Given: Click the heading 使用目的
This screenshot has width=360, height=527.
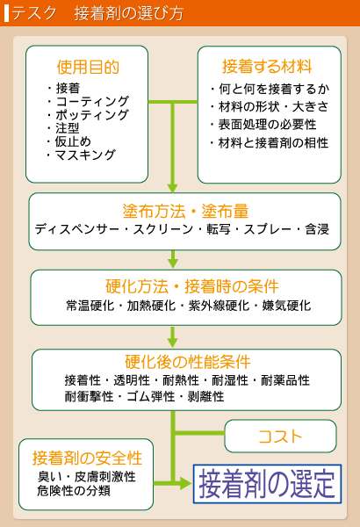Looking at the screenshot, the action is coord(88,67).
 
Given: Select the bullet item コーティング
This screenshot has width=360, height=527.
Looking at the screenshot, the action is coord(92,102).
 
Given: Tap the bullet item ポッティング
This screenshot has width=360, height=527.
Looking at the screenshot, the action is coord(92,115).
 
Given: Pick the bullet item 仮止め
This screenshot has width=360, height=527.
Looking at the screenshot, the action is coord(73,141).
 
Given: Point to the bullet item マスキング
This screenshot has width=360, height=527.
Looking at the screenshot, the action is coord(85,155).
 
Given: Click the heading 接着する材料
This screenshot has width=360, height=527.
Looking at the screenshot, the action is coord(267,66).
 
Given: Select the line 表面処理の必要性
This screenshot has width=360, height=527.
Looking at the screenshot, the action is coord(267,125).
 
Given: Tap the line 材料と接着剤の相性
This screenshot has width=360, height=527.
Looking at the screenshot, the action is coord(273,143).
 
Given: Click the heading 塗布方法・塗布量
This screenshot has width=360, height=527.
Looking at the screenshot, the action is coord(185,211).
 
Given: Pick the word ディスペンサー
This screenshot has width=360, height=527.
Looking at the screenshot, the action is coord(77,229).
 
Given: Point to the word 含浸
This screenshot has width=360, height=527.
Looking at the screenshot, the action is coord(317,229).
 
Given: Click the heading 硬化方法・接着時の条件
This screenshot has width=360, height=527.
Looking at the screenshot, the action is coord(192,286).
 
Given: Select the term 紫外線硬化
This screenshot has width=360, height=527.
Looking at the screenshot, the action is coord(219,306).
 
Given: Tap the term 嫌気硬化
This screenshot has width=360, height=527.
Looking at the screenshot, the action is coord(287,306).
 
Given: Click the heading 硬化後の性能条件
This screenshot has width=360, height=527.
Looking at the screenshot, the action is coord(188,362).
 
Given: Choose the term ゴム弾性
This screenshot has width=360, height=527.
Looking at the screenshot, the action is coord(151,397).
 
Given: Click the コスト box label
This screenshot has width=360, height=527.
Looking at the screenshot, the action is coord(281,437).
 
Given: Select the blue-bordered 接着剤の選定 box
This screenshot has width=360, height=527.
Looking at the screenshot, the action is coord(267,484).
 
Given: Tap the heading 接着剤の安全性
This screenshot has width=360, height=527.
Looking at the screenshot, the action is coord(88,458).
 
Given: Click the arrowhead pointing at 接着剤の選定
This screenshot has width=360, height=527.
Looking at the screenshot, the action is coord(186,484).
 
